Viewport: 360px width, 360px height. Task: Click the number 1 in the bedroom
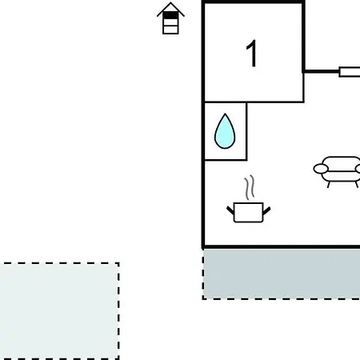click(x=251, y=54)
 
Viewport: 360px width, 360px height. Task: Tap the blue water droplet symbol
click(x=225, y=132)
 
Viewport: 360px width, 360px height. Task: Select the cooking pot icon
click(x=249, y=212)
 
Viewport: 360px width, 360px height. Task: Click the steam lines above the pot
click(x=250, y=187)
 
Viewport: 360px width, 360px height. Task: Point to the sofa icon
click(x=338, y=171)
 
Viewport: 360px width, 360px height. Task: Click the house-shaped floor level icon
click(x=170, y=18)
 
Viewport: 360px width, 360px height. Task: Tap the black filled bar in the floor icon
click(x=170, y=15)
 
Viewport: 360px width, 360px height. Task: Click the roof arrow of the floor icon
click(x=170, y=8)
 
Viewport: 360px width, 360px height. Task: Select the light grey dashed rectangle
click(x=59, y=311)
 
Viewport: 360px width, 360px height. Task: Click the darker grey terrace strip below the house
click(x=282, y=274)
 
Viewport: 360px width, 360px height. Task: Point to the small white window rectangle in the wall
click(x=350, y=72)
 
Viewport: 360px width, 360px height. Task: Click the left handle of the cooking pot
click(x=230, y=210)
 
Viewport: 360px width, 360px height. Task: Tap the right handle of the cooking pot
click(x=266, y=210)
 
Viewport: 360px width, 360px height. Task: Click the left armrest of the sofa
click(x=321, y=169)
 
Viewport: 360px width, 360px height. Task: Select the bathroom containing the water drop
click(x=226, y=131)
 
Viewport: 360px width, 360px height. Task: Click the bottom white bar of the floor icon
click(x=170, y=30)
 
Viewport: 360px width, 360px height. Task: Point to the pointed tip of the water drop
click(x=225, y=114)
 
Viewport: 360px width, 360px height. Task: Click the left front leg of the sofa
click(x=329, y=185)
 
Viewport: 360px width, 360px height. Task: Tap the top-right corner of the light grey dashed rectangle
click(x=118, y=263)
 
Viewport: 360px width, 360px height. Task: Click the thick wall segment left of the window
click(x=322, y=71)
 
